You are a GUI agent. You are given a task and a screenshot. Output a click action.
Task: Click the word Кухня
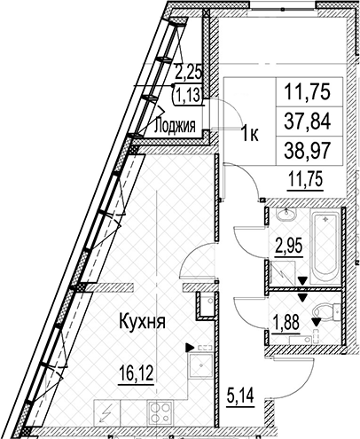[x=142, y=322]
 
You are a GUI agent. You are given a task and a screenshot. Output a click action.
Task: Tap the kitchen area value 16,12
[x=136, y=374]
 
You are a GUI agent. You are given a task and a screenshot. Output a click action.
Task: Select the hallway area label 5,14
[x=240, y=396]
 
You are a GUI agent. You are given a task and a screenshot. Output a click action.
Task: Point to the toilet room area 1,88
[x=286, y=322]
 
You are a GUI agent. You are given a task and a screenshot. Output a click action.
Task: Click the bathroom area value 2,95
[x=289, y=246]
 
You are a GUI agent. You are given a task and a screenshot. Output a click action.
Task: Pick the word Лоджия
[x=175, y=126]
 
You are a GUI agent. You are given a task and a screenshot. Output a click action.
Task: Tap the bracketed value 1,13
[x=188, y=95]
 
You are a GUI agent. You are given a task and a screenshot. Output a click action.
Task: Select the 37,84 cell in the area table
[x=307, y=122]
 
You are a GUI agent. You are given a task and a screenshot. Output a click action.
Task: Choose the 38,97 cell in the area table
[x=307, y=151]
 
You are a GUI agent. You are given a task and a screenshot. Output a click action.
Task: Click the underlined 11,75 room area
[x=304, y=181]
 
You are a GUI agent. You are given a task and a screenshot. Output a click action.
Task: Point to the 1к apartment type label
[x=250, y=135]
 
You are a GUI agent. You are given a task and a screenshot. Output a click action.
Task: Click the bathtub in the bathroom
[x=325, y=245]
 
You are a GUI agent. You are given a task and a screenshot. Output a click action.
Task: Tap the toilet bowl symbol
[x=326, y=310]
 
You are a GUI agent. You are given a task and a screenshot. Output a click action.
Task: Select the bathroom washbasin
[x=286, y=214]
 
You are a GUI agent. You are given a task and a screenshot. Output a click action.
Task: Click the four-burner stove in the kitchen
[x=160, y=412]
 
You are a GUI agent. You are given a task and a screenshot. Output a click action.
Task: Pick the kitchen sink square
[x=200, y=366]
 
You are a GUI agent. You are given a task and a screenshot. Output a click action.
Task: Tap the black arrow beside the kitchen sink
[x=189, y=348]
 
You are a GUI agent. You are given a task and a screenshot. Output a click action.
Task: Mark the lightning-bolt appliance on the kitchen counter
[x=106, y=412]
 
